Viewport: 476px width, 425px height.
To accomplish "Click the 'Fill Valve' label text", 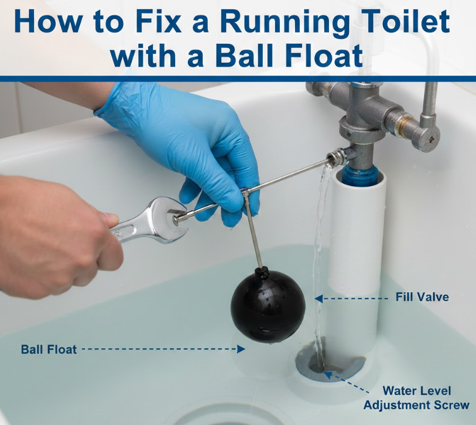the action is point(422,297).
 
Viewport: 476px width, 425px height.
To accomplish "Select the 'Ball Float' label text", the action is point(49,349).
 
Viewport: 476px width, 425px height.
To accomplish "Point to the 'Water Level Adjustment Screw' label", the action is point(416,397).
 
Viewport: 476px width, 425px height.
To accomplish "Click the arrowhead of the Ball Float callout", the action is point(241,349).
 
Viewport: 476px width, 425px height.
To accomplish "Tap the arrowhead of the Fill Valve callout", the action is point(319,299).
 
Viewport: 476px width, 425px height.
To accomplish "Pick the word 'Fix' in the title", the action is point(159,21).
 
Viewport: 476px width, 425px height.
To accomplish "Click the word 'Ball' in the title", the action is point(246,56).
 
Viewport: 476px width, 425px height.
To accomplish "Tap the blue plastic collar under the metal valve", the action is point(360,176).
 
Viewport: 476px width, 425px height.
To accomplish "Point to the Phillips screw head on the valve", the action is point(432,139).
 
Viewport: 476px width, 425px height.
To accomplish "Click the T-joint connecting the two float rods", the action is point(245,192).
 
